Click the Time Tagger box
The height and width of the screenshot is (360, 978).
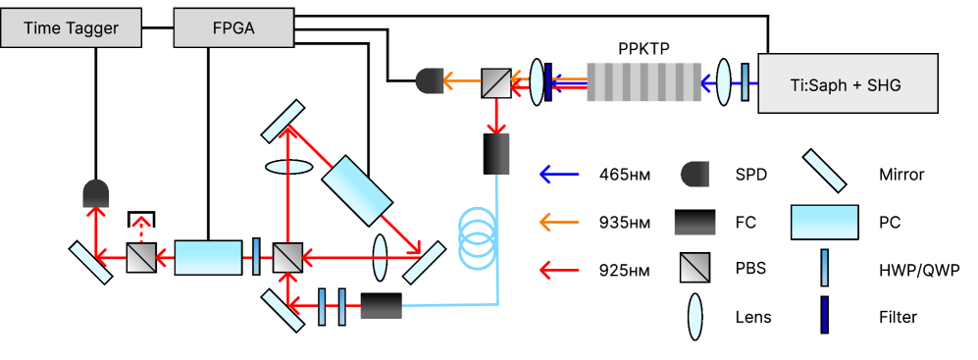[71, 28]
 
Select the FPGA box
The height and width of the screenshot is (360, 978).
[233, 28]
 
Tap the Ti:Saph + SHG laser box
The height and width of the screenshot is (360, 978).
[849, 83]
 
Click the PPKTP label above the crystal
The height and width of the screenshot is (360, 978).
[644, 50]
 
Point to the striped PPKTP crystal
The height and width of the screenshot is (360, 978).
[644, 81]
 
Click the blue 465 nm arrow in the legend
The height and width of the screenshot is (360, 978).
[559, 174]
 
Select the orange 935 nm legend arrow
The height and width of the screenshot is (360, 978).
[559, 222]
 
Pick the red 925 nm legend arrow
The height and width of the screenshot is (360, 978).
[559, 270]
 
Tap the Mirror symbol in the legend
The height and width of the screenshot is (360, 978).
[824, 171]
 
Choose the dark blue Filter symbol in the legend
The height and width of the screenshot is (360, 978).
[825, 316]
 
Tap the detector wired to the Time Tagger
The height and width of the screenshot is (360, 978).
[96, 193]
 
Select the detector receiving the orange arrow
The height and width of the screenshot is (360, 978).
[430, 80]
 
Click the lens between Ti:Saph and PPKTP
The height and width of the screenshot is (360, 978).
[724, 81]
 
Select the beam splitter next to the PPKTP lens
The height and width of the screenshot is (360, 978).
[496, 82]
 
